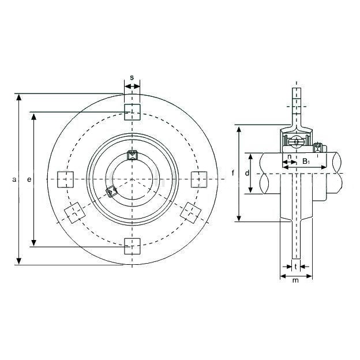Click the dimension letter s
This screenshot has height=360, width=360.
click(x=132, y=78)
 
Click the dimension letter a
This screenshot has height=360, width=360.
click(x=14, y=179)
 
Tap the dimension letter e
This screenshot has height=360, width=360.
click(x=29, y=179)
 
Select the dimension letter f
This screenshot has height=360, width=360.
click(x=233, y=172)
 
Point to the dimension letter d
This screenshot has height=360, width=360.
click(x=247, y=173)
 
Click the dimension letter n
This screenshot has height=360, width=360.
click(x=290, y=156)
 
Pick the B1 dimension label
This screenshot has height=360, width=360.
click(x=306, y=161)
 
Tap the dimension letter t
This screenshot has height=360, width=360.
click(x=296, y=267)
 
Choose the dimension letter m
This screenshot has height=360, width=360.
click(x=296, y=280)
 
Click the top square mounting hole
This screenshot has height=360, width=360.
click(x=132, y=112)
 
